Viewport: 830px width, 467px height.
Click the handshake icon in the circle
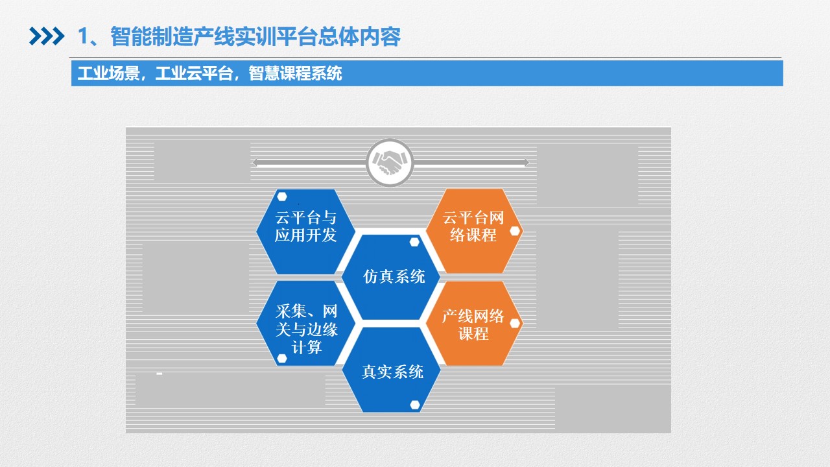390,162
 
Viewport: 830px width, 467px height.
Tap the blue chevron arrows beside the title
47,36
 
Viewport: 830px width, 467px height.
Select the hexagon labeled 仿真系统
390,277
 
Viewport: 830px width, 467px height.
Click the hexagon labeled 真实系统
391,370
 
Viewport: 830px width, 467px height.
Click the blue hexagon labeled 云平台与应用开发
305,232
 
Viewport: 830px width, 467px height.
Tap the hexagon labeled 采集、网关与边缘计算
305,324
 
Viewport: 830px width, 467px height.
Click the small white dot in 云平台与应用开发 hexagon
282,197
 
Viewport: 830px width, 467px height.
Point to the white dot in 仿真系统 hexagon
414,243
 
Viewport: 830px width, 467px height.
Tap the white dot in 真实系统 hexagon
415,405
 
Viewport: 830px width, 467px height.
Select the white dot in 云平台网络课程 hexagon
515,232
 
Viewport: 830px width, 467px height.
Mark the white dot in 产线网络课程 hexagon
515,324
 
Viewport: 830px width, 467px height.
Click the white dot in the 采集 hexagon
282,359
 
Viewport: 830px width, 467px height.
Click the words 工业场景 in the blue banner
108,73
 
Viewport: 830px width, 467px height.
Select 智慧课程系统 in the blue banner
295,73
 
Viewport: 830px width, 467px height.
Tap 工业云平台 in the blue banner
194,73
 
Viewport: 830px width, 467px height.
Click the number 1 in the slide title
84,37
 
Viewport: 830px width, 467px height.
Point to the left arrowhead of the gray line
255,163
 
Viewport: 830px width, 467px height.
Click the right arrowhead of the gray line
526,163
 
